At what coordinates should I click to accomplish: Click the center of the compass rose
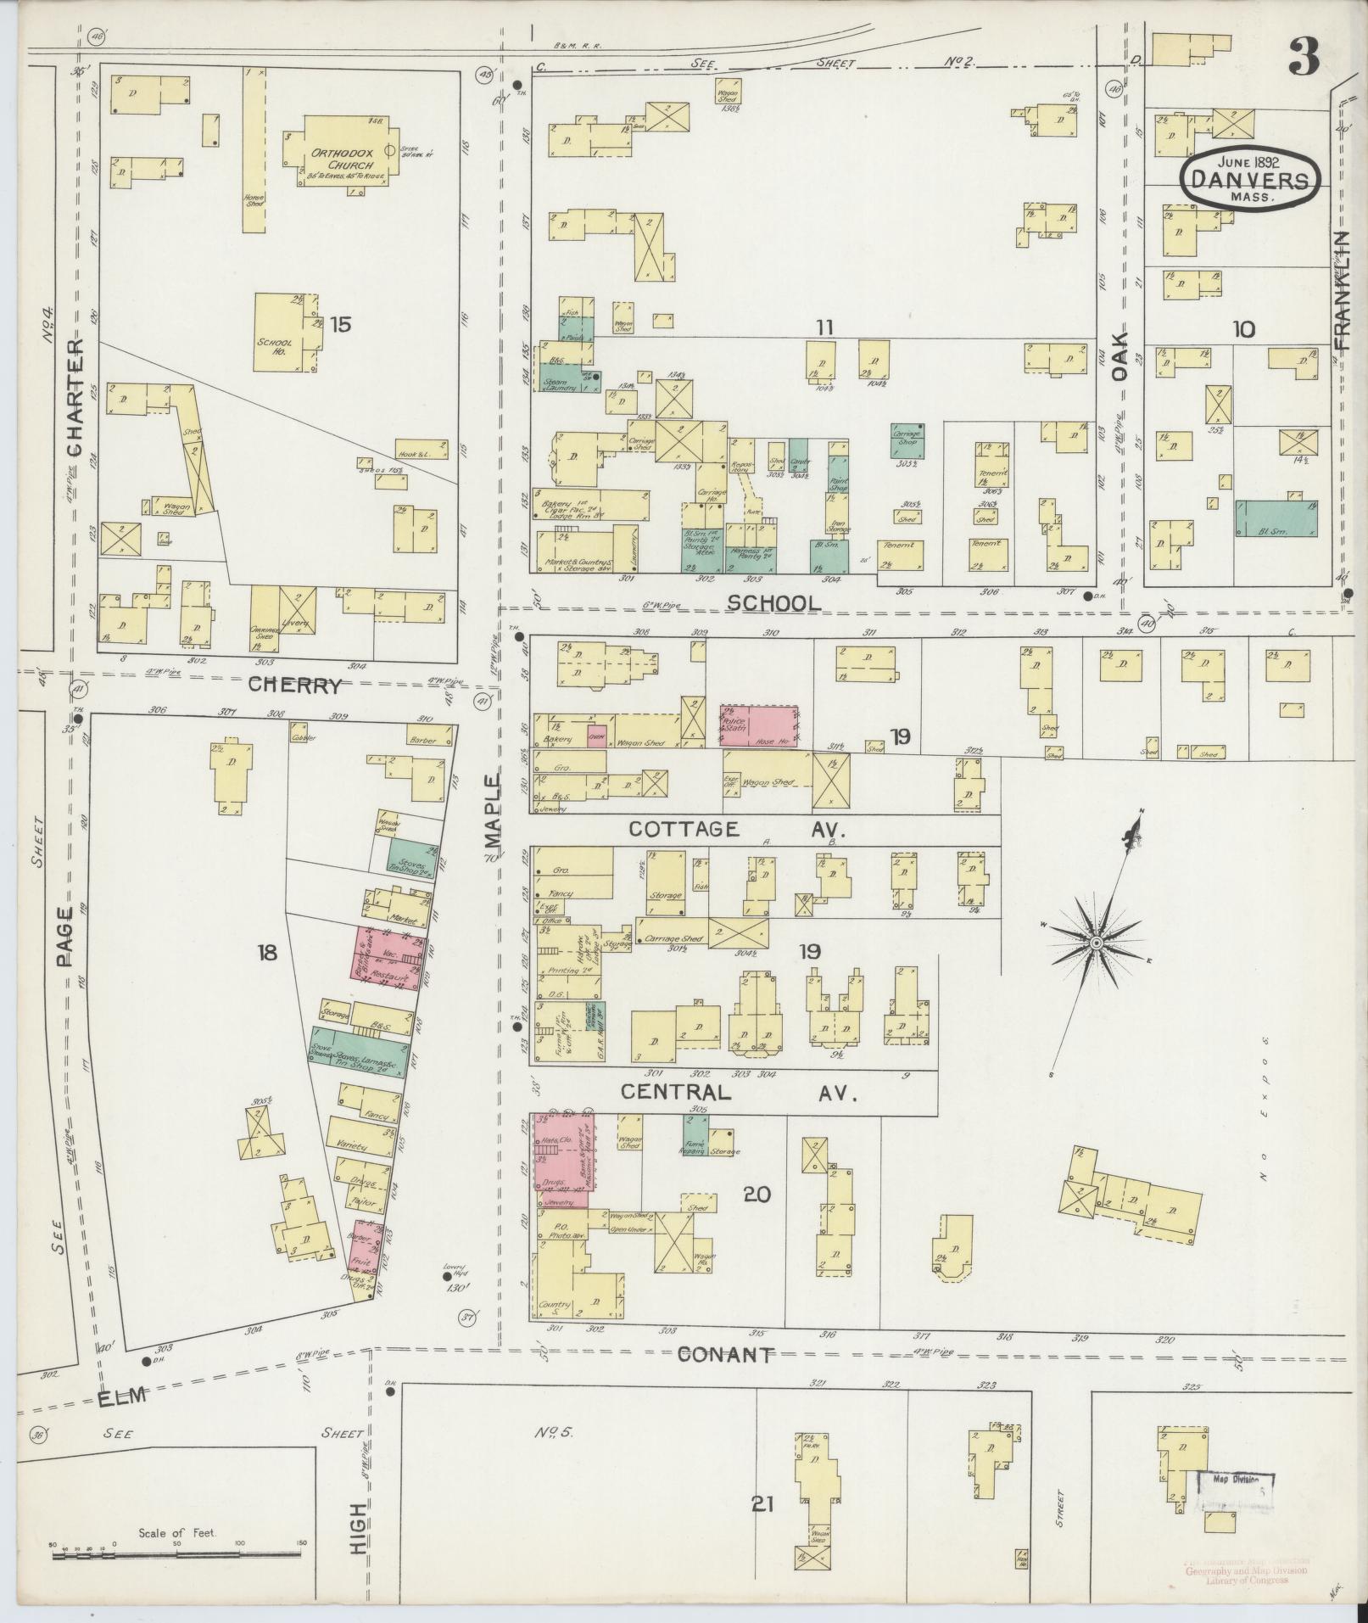[x=1096, y=943]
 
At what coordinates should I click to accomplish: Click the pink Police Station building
[x=760, y=725]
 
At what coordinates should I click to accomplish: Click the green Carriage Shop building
[x=907, y=441]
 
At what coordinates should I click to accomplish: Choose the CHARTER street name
[x=75, y=399]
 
